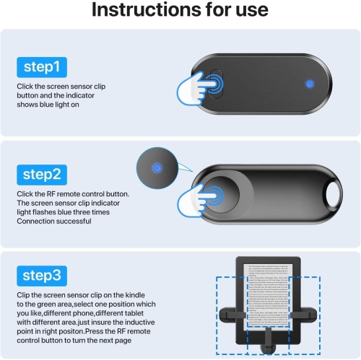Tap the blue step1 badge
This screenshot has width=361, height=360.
coord(42,69)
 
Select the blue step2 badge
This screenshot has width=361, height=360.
coord(42,174)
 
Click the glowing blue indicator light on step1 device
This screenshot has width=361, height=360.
coord(310,82)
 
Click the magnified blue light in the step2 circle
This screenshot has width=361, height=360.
coord(156,168)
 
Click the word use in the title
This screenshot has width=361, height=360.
coord(248,11)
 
